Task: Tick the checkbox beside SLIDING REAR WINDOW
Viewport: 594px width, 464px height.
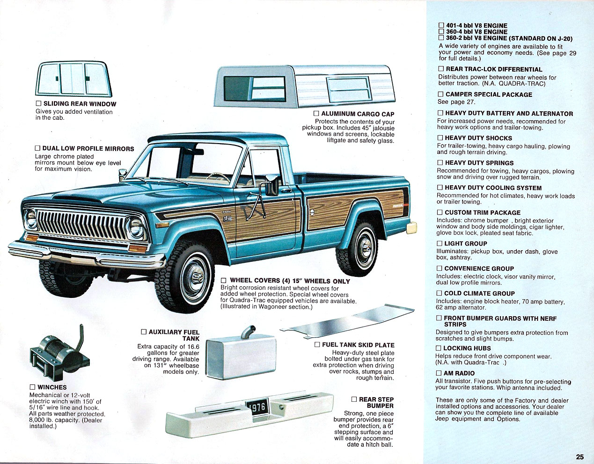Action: click(x=38, y=103)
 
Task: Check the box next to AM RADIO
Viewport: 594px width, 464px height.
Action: click(x=439, y=373)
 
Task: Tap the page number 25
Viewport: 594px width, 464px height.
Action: click(x=579, y=457)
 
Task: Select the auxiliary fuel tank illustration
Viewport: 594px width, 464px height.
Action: click(x=241, y=353)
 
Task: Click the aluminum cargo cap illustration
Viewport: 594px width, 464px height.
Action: click(x=304, y=86)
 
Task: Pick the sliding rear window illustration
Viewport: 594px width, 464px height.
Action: click(x=73, y=79)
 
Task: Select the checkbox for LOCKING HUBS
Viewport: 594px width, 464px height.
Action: click(x=439, y=348)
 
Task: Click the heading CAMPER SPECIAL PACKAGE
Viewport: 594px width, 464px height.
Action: click(x=489, y=94)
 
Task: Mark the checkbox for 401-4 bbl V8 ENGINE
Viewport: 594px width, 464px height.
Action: click(x=441, y=26)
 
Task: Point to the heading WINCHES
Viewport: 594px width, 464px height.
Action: click(x=52, y=387)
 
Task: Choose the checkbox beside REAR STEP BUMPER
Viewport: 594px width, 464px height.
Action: click(x=354, y=399)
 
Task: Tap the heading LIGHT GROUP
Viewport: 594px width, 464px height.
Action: click(x=466, y=244)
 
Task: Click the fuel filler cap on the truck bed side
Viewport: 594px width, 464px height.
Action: click(x=312, y=212)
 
